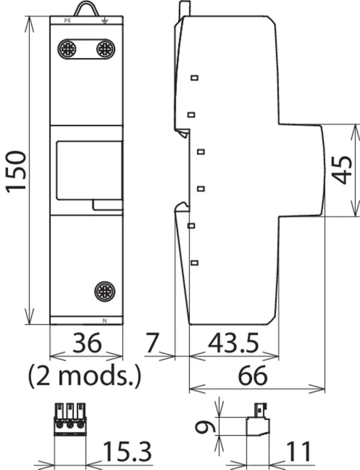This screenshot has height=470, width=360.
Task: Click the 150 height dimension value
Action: point(16,171)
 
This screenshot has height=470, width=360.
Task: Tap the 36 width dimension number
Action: point(86,342)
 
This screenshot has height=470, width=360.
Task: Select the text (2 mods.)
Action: point(84,376)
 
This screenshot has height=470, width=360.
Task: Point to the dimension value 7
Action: point(152,342)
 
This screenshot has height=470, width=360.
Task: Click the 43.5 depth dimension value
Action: point(233,342)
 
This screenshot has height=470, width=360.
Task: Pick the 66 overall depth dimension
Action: point(253,376)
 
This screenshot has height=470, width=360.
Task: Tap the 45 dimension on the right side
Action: point(342,170)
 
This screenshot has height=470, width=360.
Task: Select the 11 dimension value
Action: point(298,451)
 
